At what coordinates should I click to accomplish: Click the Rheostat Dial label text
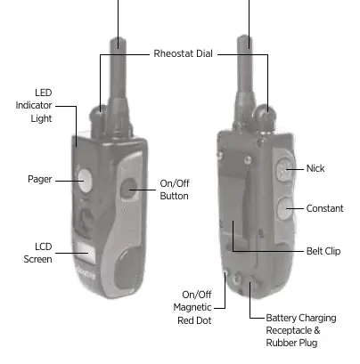pos(183,53)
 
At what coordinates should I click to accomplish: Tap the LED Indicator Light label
pos(34,105)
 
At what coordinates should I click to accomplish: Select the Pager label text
pos(40,179)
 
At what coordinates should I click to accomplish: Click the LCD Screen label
pos(38,253)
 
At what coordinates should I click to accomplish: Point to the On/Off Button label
pos(175,190)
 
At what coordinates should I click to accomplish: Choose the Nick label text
pos(315,168)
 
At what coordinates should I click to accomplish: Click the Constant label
pos(324,208)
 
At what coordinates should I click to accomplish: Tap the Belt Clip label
pos(323,251)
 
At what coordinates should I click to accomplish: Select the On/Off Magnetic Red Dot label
pos(192,307)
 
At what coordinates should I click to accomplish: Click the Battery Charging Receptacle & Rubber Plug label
pos(301,330)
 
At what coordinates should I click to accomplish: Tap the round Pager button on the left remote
pos(85,180)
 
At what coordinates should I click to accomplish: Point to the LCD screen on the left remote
pos(86,248)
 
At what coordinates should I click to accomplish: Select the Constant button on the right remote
pos(284,208)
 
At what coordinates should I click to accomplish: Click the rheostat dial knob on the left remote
pos(99,118)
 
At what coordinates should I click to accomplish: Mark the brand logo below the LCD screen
pos(86,272)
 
